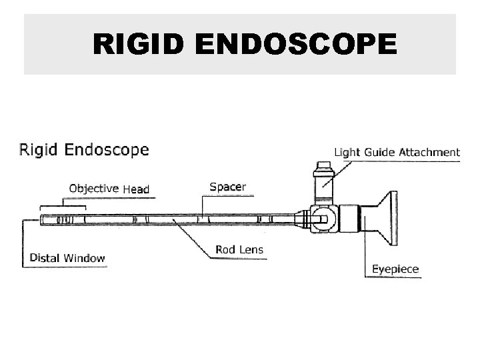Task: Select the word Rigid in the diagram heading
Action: pos(38,149)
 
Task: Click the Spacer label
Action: pos(227,187)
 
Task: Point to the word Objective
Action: pos(94,189)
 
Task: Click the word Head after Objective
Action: pos(135,189)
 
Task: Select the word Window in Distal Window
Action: pos(85,257)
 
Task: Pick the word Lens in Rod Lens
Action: pos(251,251)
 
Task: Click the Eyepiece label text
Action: pos(395,269)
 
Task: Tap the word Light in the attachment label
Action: pos(347,152)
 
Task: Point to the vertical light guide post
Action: pos(322,183)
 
